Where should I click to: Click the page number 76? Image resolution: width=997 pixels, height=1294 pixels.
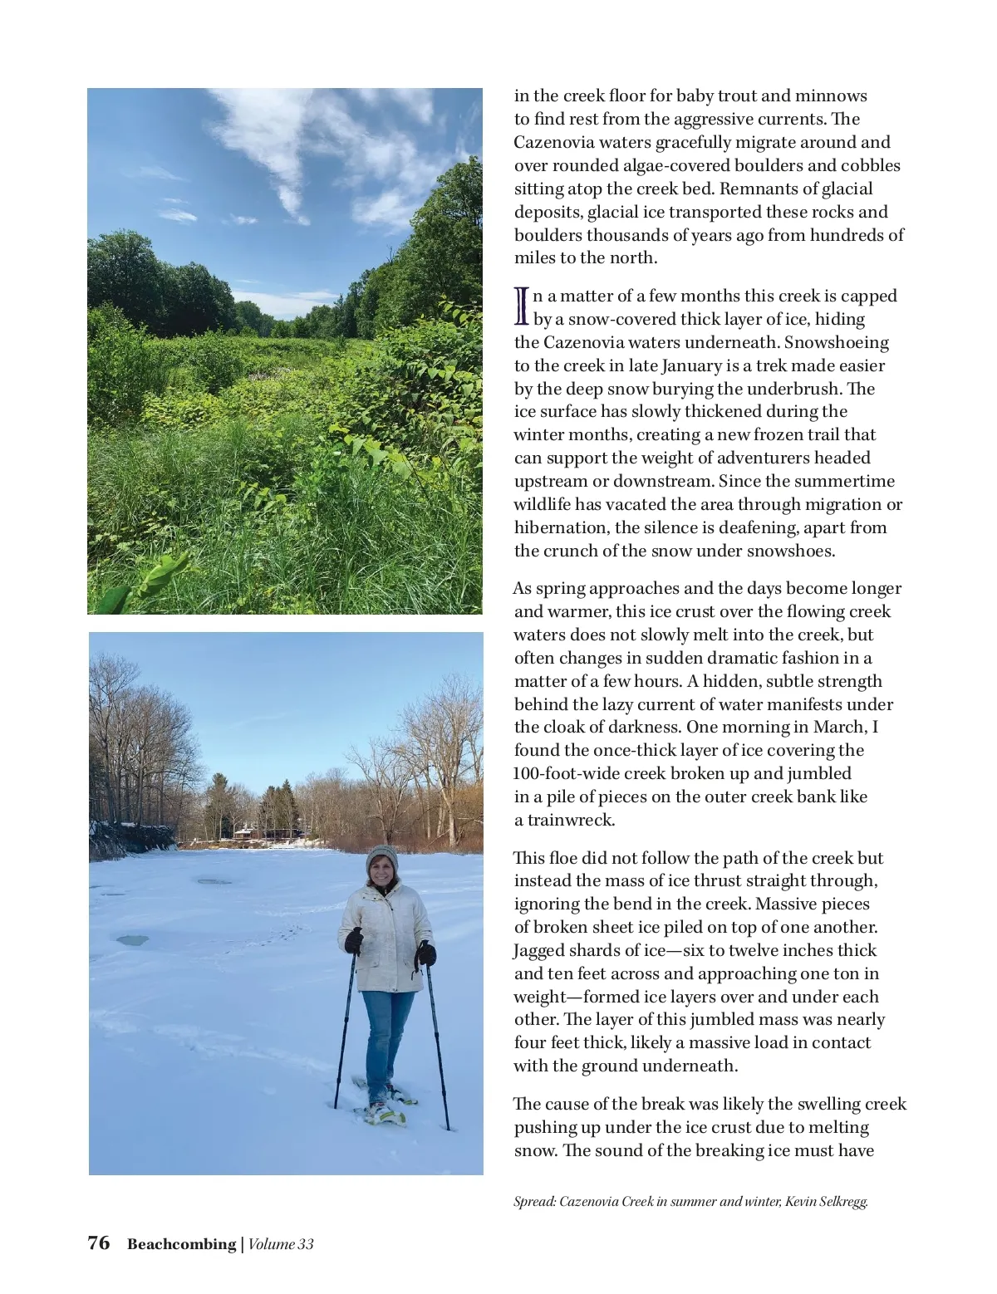[x=98, y=1243]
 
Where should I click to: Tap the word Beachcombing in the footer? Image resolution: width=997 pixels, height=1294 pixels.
[x=181, y=1244]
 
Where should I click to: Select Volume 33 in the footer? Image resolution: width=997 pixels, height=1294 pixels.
[x=281, y=1244]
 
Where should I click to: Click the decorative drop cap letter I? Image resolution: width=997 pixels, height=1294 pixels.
[x=522, y=306]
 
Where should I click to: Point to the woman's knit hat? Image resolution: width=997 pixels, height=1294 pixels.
[x=382, y=857]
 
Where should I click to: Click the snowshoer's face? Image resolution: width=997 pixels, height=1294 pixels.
[x=382, y=874]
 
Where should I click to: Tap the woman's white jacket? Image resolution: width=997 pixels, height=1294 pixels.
[x=386, y=939]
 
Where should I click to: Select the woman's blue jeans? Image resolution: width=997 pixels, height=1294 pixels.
[x=386, y=1038]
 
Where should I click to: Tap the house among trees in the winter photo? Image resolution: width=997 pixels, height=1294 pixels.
[x=245, y=831]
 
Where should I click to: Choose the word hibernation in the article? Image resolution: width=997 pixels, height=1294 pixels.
[x=561, y=528]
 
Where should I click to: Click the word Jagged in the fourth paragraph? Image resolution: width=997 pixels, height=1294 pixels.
[x=540, y=951]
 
